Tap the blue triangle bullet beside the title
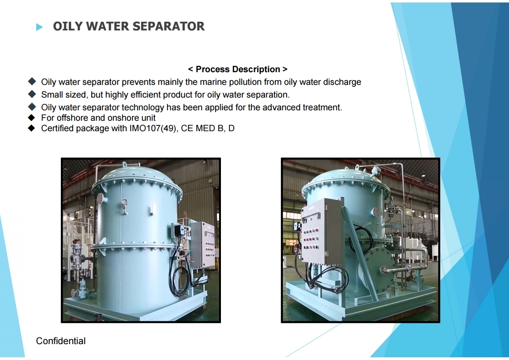pyautogui.click(x=39, y=27)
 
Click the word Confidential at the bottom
pyautogui.click(x=61, y=341)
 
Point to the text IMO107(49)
pyautogui.click(x=153, y=128)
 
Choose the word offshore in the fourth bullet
pyautogui.click(x=73, y=118)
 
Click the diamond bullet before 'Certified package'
pyautogui.click(x=31, y=128)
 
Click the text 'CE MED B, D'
pyautogui.click(x=208, y=128)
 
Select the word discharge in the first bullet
pyautogui.click(x=342, y=82)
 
